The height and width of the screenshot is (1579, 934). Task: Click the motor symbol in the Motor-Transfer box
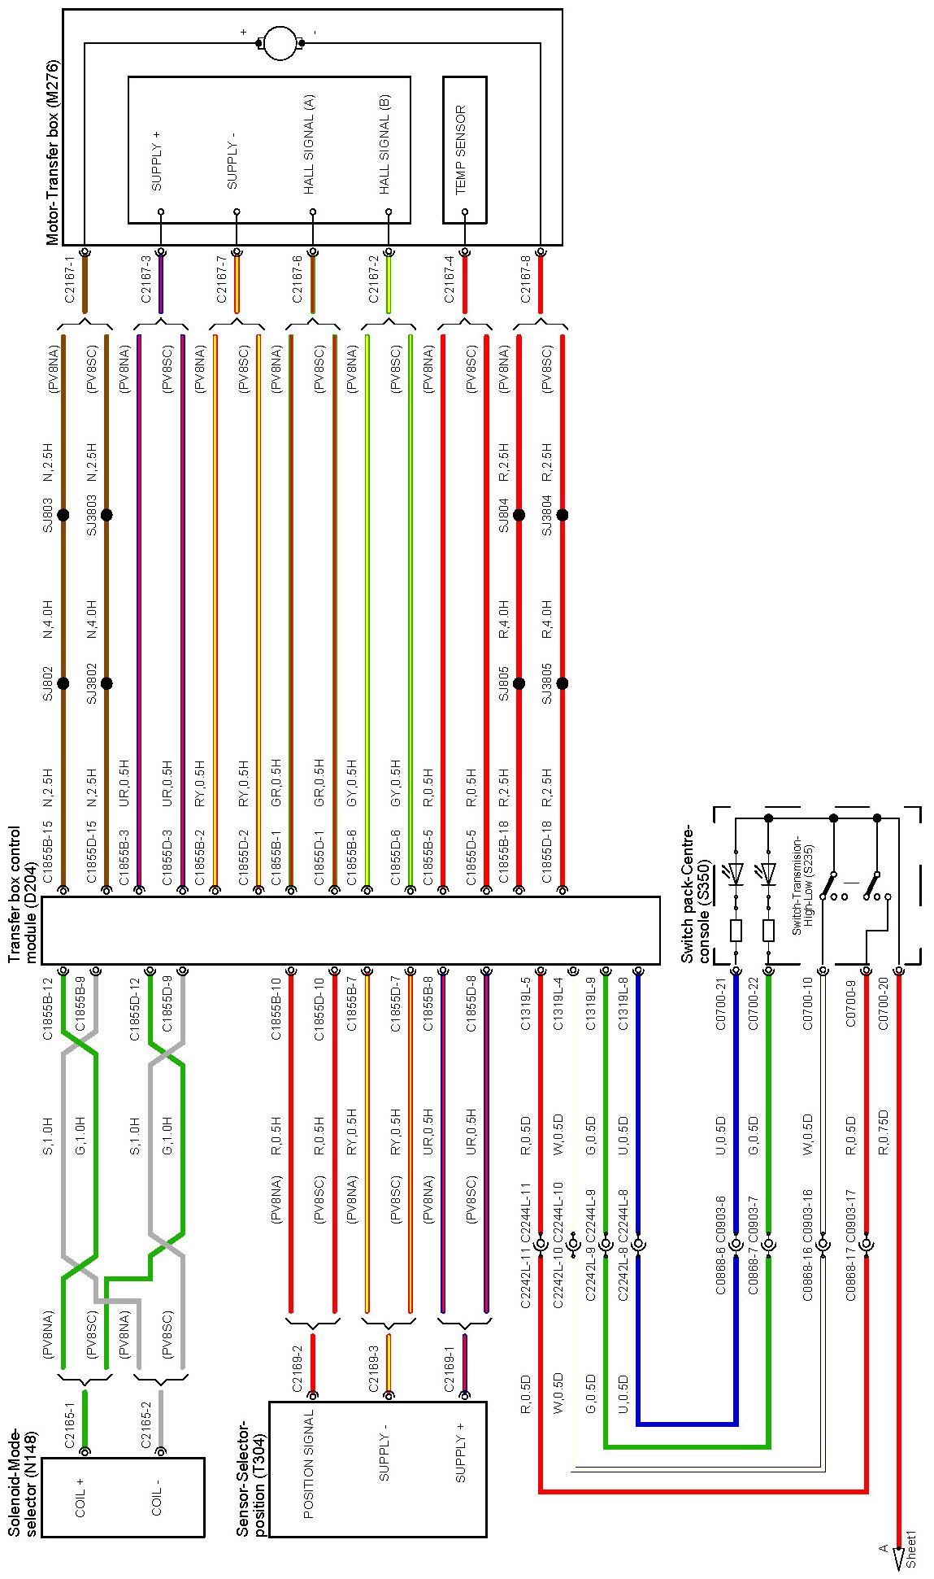280,42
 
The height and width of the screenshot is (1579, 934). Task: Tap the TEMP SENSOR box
464,150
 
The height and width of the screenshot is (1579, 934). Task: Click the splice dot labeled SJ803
63,515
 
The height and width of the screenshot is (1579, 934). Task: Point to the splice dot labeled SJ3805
562,683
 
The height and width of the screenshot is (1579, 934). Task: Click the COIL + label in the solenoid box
80,1497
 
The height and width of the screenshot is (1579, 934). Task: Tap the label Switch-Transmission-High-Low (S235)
802,885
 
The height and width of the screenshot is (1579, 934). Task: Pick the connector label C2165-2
146,1420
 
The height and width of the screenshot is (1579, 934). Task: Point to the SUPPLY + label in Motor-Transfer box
156,167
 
